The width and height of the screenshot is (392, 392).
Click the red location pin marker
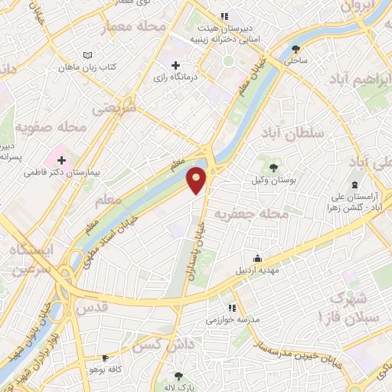click(x=198, y=179)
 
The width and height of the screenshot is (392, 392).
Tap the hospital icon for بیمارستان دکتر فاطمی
click(x=61, y=161)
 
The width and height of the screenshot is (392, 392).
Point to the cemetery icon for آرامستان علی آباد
click(x=354, y=185)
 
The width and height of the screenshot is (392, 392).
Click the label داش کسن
click(x=160, y=345)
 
